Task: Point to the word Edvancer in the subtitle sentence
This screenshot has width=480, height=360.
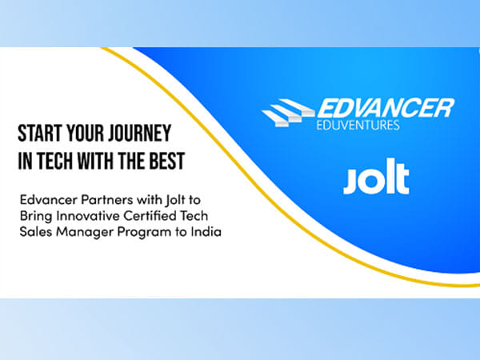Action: coord(47,198)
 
